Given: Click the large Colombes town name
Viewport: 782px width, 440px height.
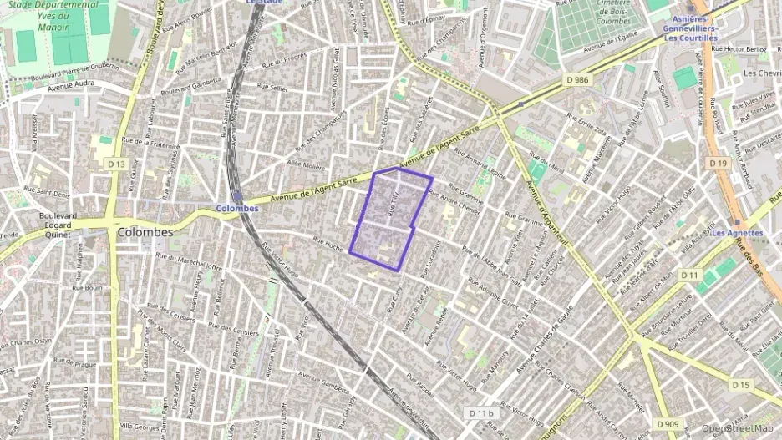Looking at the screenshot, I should click(145, 232).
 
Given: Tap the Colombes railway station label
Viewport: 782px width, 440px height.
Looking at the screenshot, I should click(237, 208).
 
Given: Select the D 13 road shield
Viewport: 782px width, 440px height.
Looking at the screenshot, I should click(117, 165).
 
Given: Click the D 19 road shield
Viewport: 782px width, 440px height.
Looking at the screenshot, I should click(718, 164).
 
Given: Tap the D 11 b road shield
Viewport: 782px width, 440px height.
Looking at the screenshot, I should click(482, 413).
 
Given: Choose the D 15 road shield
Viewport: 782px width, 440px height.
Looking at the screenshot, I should click(741, 385).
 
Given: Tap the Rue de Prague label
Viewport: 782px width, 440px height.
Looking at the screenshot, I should click(79, 364).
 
